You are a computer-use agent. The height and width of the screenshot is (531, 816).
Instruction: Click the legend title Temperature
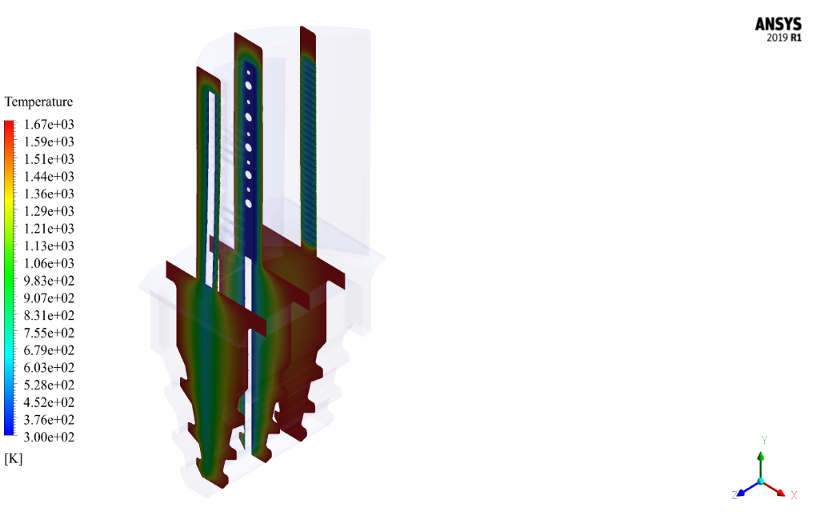(x=38, y=102)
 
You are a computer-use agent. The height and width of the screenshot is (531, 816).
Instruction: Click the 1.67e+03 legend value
(x=49, y=124)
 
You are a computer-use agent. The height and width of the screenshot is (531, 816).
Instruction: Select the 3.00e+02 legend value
(x=49, y=437)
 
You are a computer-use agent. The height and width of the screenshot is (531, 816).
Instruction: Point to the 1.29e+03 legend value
(x=49, y=211)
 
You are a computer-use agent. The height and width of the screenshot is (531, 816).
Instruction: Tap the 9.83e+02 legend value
(x=49, y=281)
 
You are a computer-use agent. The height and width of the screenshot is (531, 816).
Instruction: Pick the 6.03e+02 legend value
(x=49, y=368)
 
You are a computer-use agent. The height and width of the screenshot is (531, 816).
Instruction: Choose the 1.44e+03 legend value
(x=49, y=176)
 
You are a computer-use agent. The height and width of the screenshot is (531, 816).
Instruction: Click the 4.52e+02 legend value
(x=49, y=402)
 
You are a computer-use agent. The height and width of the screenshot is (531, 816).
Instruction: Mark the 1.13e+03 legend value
(x=49, y=246)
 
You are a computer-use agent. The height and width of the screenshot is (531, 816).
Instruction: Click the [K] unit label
(x=14, y=459)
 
